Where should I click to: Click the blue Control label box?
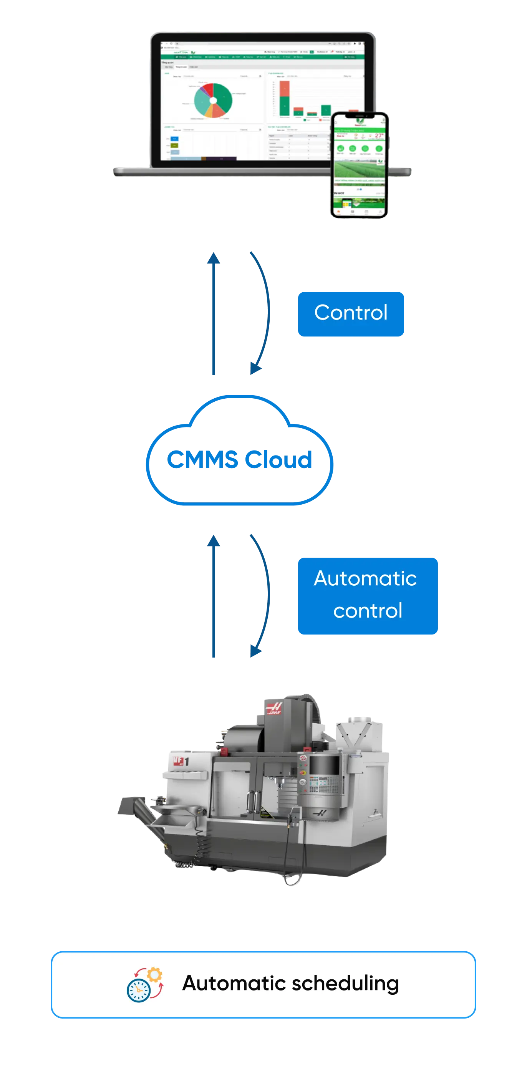point(351,314)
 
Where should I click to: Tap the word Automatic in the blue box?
point(365,578)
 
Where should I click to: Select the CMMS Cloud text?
point(239,459)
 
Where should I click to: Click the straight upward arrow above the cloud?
point(213,314)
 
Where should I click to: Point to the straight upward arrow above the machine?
point(213,598)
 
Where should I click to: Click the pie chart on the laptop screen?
point(213,101)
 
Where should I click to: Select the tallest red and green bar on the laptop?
point(284,98)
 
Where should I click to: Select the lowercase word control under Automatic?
point(368,611)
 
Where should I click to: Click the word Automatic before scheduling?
point(234,983)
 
